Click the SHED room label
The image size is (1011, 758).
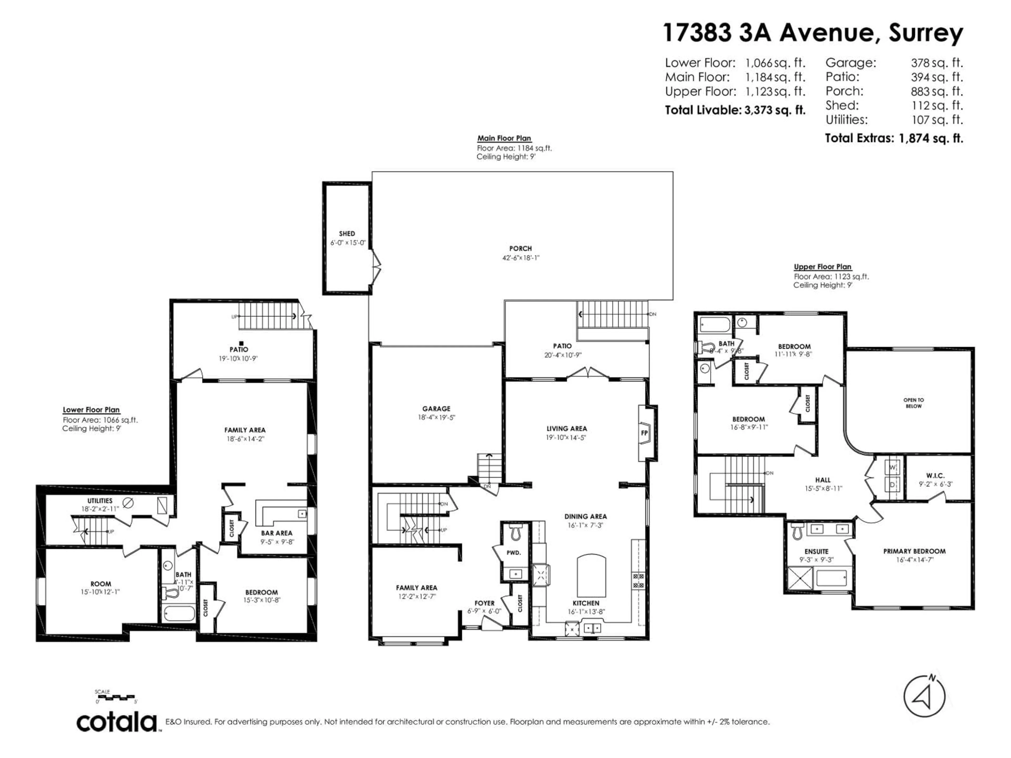(347, 233)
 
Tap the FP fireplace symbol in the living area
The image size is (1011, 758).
(645, 433)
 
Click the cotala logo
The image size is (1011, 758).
(117, 722)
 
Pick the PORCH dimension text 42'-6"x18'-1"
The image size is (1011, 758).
(521, 258)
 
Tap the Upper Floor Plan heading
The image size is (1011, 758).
(822, 267)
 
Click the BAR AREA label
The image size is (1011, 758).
(276, 533)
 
